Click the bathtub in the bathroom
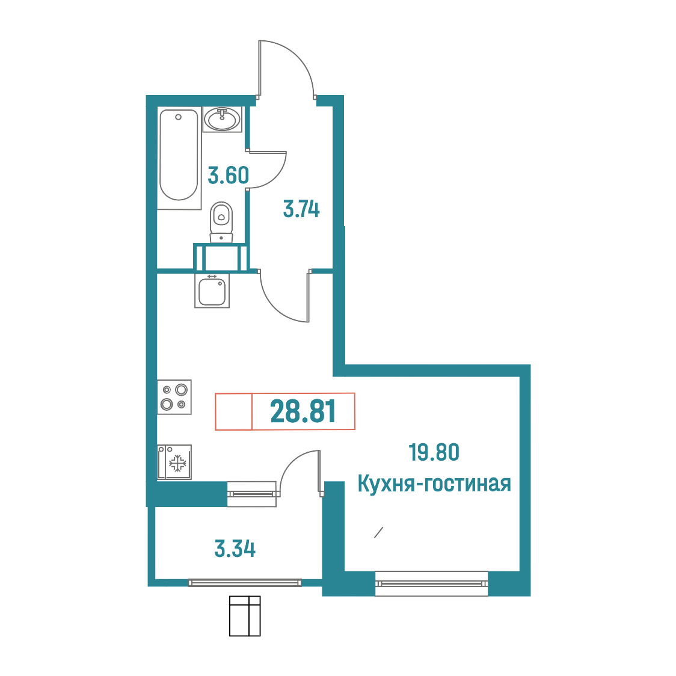179,155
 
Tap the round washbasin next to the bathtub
222,119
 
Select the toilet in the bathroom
221,222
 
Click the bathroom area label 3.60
228,176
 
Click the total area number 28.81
303,411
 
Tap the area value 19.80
434,452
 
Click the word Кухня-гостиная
434,484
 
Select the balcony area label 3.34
235,549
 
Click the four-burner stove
174,397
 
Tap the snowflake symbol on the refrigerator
177,464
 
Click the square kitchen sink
212,291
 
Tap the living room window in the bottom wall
432,583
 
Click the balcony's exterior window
245,583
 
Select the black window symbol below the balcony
245,616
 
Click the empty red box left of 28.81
234,411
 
